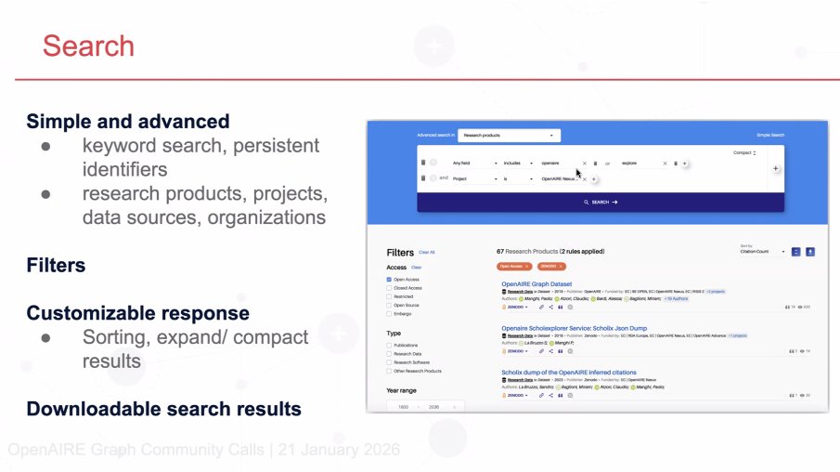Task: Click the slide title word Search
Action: click(x=88, y=46)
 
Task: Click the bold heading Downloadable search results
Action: click(x=163, y=409)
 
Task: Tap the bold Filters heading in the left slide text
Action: click(x=56, y=266)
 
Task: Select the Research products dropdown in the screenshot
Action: click(x=509, y=135)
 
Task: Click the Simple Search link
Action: click(x=769, y=135)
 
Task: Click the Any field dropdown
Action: click(x=474, y=163)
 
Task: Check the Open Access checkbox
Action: click(x=389, y=279)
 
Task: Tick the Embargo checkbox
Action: click(x=389, y=313)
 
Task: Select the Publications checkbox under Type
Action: click(x=389, y=345)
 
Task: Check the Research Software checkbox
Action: click(x=389, y=362)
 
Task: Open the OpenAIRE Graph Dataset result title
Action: click(x=536, y=283)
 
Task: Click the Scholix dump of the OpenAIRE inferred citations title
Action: click(x=569, y=373)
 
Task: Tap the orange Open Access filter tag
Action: click(x=514, y=266)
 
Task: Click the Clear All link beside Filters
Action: click(x=426, y=252)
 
